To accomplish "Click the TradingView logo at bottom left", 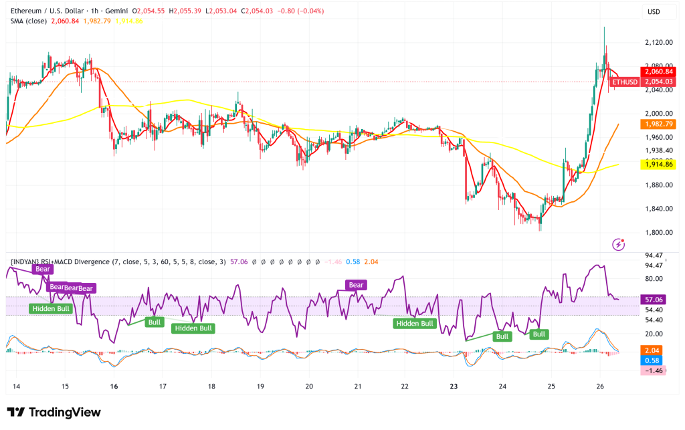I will tap(54, 413).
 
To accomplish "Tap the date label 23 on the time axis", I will tap(454, 386).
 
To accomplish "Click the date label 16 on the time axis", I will tap(114, 386).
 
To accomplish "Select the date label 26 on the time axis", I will tap(600, 386).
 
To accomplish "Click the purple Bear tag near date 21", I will tap(356, 285).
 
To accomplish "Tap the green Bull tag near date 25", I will tap(539, 334).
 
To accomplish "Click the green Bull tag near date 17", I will tap(155, 322).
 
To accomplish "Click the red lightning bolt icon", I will tap(619, 245).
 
